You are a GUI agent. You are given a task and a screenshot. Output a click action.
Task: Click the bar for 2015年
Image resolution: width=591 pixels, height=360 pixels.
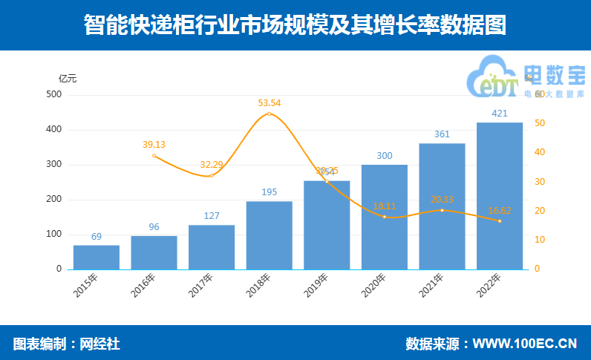(x=97, y=257)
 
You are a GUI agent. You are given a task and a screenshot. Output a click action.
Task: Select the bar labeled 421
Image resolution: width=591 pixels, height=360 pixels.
(x=500, y=196)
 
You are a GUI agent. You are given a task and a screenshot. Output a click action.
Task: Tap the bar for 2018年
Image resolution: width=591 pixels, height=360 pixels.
(x=270, y=235)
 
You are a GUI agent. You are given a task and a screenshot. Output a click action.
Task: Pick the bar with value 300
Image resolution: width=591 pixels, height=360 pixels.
(x=385, y=217)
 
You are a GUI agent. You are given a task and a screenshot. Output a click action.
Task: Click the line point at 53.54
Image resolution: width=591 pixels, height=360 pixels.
(x=270, y=114)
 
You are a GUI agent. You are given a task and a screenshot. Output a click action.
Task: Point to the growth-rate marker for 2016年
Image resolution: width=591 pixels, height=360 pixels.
(x=154, y=155)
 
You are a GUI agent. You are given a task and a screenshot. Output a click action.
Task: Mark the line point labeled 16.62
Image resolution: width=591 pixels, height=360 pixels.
(x=500, y=221)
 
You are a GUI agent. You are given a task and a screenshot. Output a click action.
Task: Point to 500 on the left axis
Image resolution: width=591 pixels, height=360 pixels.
(x=54, y=94)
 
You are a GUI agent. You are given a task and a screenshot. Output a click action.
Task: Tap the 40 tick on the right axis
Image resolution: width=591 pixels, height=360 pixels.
(x=540, y=152)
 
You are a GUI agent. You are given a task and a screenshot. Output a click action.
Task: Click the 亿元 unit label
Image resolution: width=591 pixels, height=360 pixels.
(x=68, y=78)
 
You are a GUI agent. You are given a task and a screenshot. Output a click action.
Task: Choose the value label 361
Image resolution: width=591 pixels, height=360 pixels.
(x=442, y=134)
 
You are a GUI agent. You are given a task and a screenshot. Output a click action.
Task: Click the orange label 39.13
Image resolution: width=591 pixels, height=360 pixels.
(x=154, y=144)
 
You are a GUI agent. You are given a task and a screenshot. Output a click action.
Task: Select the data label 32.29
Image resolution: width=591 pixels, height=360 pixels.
(x=212, y=164)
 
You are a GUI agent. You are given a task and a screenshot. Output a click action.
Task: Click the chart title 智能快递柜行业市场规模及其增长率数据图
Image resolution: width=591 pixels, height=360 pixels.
(x=295, y=25)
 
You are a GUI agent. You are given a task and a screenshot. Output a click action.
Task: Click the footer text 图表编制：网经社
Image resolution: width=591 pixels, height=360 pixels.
(x=66, y=344)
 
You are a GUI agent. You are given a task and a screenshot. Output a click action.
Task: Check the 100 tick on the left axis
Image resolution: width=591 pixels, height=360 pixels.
(x=54, y=234)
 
